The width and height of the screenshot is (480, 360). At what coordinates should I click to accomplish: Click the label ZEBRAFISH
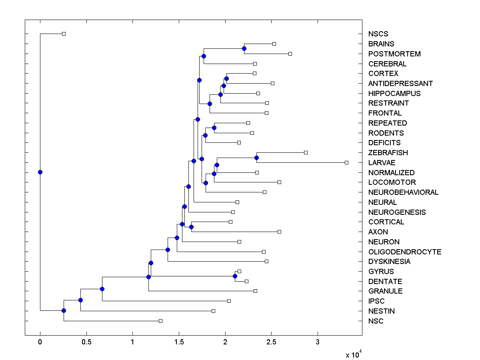pyautogui.click(x=388, y=153)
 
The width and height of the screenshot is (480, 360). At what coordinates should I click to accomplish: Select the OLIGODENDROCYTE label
pyautogui.click(x=405, y=252)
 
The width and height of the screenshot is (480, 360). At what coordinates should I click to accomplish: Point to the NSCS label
pyautogui.click(x=378, y=34)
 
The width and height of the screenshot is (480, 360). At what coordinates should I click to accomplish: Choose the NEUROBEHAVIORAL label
pyautogui.click(x=403, y=192)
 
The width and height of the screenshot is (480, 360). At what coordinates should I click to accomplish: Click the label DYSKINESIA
pyautogui.click(x=389, y=262)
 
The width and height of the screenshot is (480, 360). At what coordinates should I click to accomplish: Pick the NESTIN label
pyautogui.click(x=382, y=311)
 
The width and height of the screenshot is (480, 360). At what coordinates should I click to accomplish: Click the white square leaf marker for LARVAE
pyautogui.click(x=346, y=162)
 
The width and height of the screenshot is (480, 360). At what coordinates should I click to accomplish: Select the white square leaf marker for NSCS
pyautogui.click(x=64, y=34)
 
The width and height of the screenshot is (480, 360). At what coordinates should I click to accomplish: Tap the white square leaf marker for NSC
pyautogui.click(x=160, y=321)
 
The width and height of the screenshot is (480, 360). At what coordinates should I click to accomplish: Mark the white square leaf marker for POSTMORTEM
pyautogui.click(x=290, y=54)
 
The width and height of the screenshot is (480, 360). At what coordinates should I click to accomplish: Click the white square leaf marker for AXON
pyautogui.click(x=279, y=232)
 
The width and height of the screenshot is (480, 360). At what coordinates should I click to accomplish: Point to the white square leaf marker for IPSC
pyautogui.click(x=229, y=301)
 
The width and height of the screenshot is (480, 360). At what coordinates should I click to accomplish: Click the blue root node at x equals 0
pyautogui.click(x=40, y=172)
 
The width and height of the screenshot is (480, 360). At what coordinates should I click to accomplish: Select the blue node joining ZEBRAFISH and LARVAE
pyautogui.click(x=256, y=158)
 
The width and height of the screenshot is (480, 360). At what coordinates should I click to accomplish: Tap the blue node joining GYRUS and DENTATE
pyautogui.click(x=235, y=276)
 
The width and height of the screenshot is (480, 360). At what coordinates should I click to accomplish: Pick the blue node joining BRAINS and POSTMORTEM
pyautogui.click(x=244, y=48)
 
